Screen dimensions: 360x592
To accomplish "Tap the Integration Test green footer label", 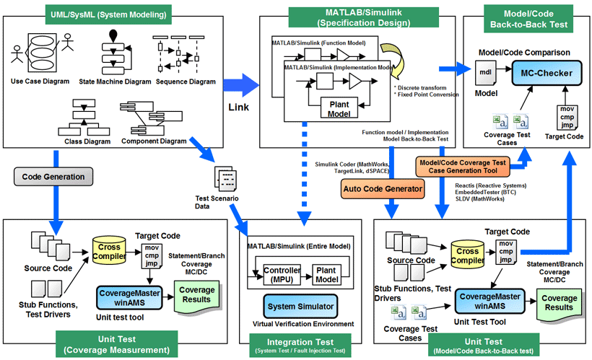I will [300, 346].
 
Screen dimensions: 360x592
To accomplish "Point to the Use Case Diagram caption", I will [38, 82].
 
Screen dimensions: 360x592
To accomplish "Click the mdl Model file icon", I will [485, 72].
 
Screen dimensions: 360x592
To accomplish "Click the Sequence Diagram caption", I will [186, 82].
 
